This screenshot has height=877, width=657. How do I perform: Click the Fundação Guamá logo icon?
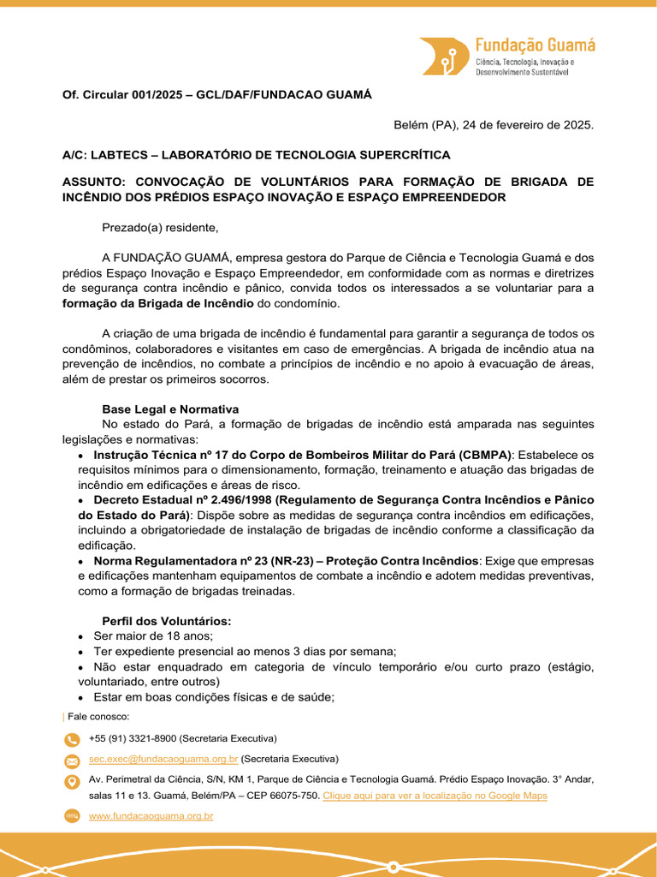(444, 57)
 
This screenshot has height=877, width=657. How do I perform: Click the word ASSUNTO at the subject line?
(97, 182)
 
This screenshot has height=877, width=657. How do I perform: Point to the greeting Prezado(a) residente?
(160, 227)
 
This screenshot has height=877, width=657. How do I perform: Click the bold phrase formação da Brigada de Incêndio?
(158, 303)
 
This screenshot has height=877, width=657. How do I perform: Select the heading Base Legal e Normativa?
(170, 409)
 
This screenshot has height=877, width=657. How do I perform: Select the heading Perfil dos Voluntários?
(167, 621)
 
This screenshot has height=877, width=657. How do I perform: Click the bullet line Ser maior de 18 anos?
(153, 636)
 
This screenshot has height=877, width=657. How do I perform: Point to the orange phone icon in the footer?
(72, 739)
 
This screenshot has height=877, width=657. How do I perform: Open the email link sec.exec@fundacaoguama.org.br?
(163, 759)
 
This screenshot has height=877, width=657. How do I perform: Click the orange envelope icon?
(72, 761)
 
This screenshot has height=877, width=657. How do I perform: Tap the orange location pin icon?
(72, 782)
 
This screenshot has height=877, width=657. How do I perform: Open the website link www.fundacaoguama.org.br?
(151, 816)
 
